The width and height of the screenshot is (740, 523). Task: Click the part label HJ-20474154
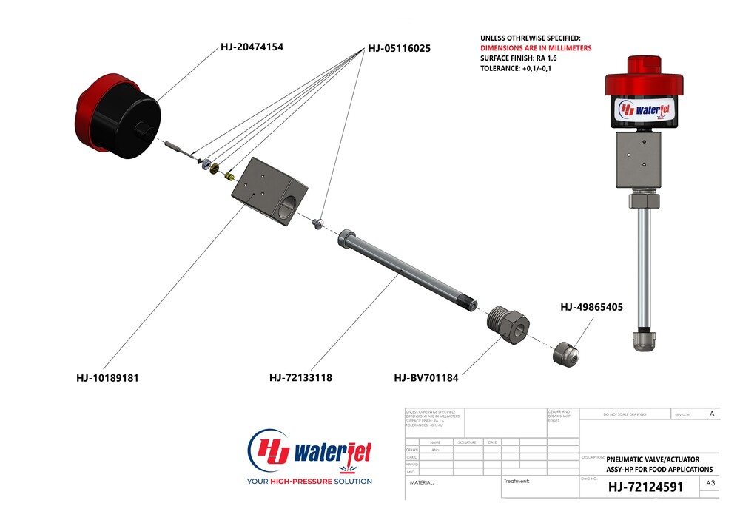252,47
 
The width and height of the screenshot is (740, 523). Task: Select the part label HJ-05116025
399,48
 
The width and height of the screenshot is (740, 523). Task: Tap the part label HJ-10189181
107,377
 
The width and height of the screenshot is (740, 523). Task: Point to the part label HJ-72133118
300,377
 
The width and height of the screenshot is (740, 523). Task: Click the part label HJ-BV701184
426,377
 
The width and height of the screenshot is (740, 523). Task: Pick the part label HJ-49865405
591,306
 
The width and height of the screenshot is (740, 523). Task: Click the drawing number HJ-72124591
645,487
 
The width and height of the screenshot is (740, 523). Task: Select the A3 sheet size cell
710,484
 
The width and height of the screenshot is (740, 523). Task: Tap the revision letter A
712,414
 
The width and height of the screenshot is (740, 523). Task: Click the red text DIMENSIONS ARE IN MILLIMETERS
536,48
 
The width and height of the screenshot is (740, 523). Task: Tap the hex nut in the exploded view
508,323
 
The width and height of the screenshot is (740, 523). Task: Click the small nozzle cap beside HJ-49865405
566,354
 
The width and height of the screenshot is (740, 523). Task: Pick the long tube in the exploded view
407,273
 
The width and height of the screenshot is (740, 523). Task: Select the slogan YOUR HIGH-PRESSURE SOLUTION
309,482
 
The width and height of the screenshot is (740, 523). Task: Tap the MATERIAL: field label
423,482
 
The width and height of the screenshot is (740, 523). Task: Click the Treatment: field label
516,481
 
